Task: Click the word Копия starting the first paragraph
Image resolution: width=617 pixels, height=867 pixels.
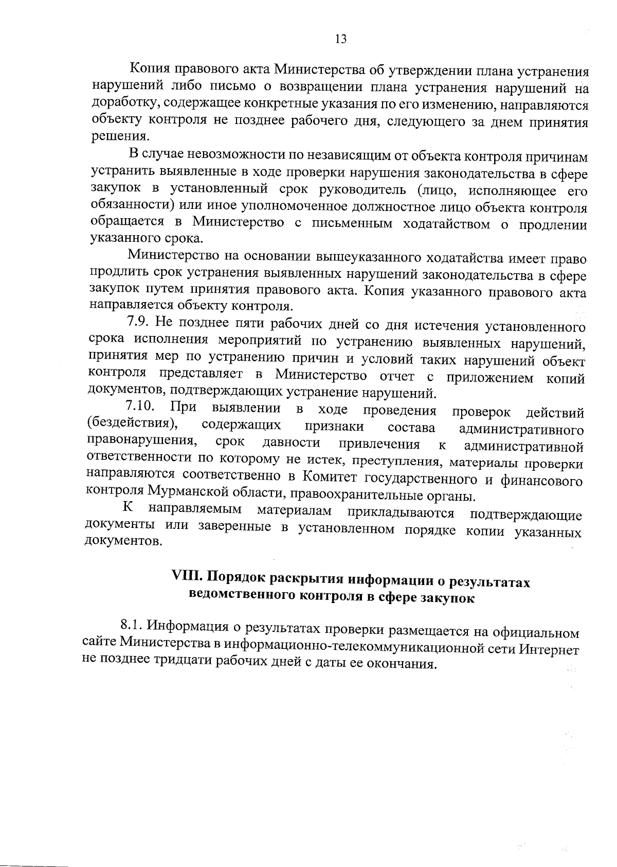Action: [150, 69]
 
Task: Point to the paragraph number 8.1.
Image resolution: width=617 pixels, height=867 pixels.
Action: [132, 625]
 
